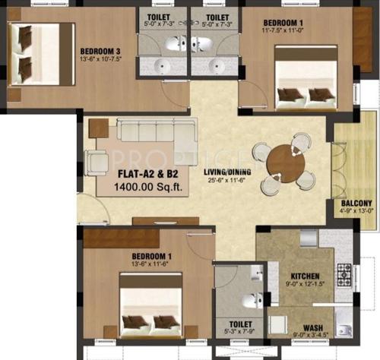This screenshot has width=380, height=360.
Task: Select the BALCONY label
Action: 356,204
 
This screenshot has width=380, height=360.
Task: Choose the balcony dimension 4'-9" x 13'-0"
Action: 356,212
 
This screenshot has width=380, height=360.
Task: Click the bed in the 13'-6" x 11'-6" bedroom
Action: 152,304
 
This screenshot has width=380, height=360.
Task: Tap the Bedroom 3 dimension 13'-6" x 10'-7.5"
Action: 106,62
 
